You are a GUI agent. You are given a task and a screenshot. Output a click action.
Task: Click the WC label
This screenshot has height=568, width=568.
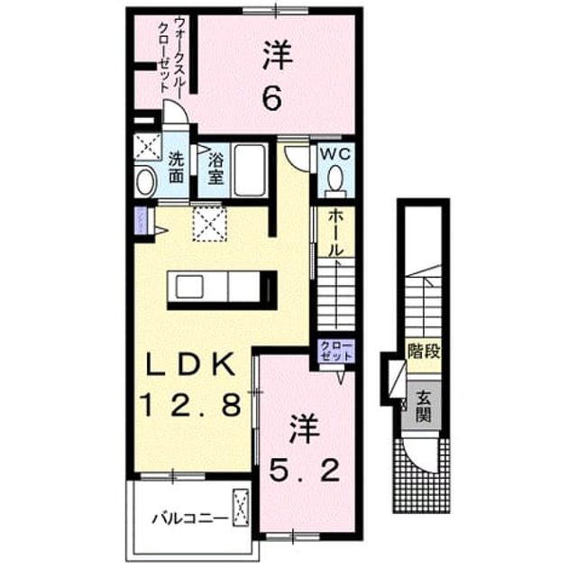[335, 154]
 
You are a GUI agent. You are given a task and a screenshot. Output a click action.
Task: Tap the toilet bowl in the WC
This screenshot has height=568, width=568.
[335, 178]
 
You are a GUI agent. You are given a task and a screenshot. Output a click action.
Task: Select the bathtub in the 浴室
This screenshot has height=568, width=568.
[249, 170]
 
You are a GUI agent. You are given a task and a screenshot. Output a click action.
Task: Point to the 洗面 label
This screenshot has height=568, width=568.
[176, 168]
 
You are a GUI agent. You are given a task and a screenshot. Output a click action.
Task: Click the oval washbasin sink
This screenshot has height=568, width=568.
[146, 182]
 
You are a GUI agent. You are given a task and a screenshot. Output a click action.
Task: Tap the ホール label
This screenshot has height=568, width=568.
[335, 234]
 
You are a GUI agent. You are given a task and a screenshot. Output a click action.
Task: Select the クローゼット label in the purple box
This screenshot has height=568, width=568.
[336, 351]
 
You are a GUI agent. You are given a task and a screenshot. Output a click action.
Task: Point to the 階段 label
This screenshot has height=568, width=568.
[424, 351]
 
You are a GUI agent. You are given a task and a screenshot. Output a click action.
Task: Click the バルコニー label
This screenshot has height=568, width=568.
[190, 518]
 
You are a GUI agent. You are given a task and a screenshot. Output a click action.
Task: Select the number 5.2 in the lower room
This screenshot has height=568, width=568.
[305, 470]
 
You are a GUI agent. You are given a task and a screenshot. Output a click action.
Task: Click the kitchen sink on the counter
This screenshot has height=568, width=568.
[189, 287]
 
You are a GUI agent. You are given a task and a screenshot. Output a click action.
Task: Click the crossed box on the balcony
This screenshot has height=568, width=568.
[241, 507]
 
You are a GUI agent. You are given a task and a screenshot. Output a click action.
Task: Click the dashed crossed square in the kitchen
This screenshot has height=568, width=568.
[209, 224]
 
